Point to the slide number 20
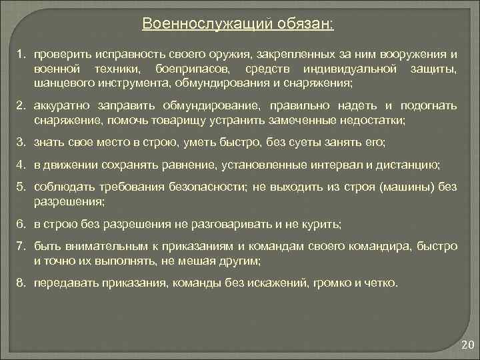coord(467,345)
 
